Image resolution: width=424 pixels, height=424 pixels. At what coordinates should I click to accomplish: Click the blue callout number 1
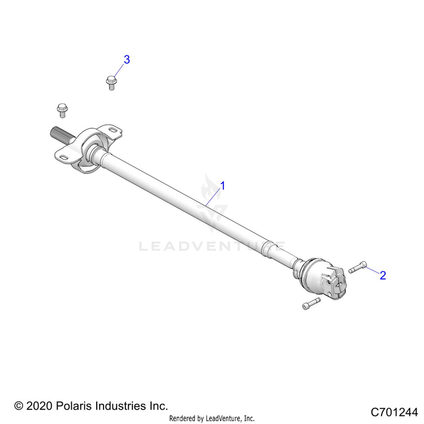coord(223,186)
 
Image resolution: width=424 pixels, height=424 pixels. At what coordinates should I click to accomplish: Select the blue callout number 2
coord(383,275)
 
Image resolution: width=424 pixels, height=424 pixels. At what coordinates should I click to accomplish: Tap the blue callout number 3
coord(127,59)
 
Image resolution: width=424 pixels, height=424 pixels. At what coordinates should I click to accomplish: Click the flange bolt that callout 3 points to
coord(111,83)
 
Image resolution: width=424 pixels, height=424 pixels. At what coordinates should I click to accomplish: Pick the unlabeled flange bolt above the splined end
coord(62,110)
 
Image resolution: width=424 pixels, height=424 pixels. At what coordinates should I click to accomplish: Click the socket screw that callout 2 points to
coord(357,267)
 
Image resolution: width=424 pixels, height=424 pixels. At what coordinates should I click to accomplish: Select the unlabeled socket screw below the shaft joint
coord(311,304)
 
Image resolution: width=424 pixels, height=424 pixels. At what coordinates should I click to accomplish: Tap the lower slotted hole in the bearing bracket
coord(64,157)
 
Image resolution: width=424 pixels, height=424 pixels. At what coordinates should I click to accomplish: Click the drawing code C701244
coord(394,412)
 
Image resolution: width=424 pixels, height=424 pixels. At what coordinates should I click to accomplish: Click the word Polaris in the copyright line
coord(73,406)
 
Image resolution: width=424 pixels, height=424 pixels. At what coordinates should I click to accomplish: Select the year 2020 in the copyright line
coord(39,406)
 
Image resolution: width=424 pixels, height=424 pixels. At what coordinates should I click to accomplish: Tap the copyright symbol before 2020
coord(19,406)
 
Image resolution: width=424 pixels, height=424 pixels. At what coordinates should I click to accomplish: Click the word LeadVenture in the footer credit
coord(223,418)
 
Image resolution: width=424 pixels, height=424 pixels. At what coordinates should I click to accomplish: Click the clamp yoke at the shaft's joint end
coord(334,283)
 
